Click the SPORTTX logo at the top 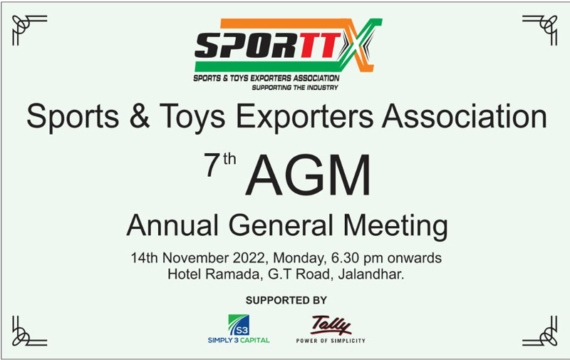click(288, 53)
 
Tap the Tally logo click(331, 325)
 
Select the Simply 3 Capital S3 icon click(239, 325)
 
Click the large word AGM click(309, 175)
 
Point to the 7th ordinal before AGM click(220, 165)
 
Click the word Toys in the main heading click(192, 117)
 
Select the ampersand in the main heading click(139, 116)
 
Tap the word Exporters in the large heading click(305, 117)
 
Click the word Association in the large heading click(465, 116)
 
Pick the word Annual click(172, 225)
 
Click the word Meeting click(395, 227)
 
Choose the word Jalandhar click(370, 274)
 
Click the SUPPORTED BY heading click(286, 300)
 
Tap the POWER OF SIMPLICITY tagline click(331, 341)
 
